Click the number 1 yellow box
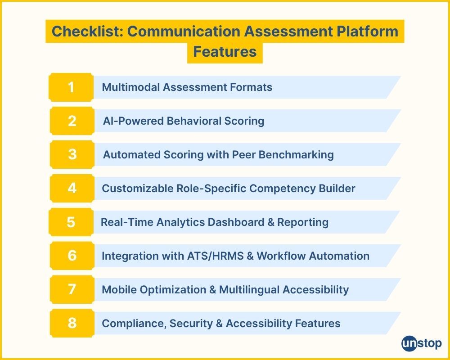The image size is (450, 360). tap(71, 87)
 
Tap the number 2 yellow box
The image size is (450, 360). tap(72, 121)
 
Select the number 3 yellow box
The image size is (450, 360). tap(72, 154)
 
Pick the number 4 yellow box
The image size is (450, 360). tap(72, 188)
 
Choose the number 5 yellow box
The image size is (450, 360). tap(71, 222)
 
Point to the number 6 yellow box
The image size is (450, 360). tap(72, 256)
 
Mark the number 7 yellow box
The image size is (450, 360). tap(72, 289)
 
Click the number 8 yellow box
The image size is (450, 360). tap(72, 323)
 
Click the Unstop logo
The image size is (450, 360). tap(421, 343)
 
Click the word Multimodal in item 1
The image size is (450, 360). tap(130, 87)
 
